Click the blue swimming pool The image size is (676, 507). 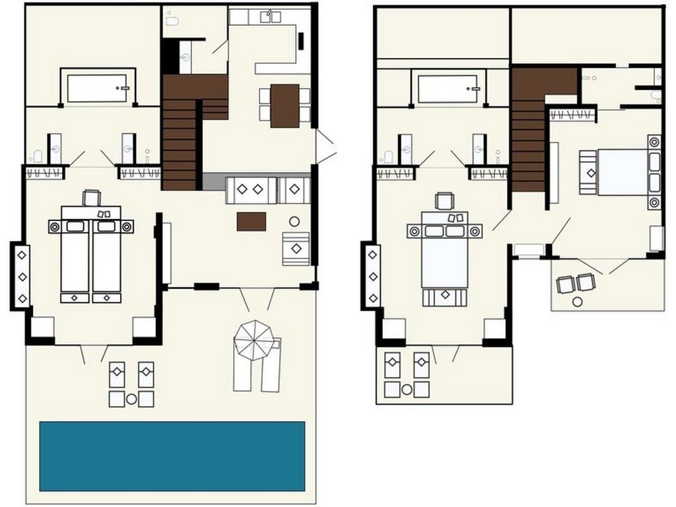click(172, 456)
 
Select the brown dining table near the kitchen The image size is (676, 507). click(285, 106)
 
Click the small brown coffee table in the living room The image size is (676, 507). click(252, 221)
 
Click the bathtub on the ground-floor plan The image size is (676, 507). click(97, 88)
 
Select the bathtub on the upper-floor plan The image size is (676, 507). click(447, 88)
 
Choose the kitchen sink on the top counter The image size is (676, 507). click(270, 17)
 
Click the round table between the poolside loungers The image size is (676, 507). click(131, 399)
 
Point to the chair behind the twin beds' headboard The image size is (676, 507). click(91, 197)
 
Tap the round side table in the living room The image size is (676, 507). click(294, 222)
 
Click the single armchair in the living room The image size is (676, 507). click(296, 249)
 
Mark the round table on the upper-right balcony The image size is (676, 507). click(578, 302)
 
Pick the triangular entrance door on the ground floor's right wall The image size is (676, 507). click(325, 146)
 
